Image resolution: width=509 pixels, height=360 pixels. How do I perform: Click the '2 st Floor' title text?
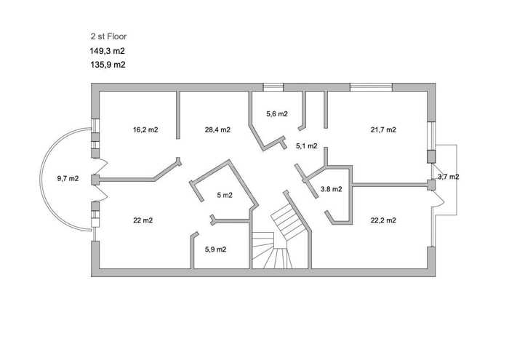click(x=108, y=36)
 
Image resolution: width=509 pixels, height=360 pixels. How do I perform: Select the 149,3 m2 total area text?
click(x=108, y=51)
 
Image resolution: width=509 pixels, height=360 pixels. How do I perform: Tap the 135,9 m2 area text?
click(x=108, y=65)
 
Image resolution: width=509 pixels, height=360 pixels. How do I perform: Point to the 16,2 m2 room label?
click(x=145, y=130)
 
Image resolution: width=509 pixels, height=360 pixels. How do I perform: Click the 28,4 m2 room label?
click(x=217, y=130)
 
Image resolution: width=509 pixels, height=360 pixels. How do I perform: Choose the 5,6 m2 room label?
click(x=277, y=114)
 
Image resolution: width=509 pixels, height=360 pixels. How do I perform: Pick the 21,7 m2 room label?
click(x=383, y=130)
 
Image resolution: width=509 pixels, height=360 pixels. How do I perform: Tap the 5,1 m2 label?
click(x=307, y=146)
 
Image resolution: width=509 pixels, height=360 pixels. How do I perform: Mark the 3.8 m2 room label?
click(x=331, y=189)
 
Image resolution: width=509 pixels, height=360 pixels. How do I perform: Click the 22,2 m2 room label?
click(x=383, y=220)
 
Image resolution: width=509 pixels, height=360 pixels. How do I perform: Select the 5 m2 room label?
click(x=225, y=195)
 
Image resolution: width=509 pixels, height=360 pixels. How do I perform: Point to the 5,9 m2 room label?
click(x=215, y=249)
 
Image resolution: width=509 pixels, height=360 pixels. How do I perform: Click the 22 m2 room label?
click(x=143, y=220)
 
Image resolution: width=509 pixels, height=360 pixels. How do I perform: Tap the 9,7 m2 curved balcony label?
click(x=68, y=178)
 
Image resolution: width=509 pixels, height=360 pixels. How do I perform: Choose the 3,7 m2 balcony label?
click(x=449, y=177)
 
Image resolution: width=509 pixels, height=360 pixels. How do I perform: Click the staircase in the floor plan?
click(x=281, y=240)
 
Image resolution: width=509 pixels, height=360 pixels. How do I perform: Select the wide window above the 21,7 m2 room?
click(x=371, y=87)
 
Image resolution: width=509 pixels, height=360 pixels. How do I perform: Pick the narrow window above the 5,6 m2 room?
click(x=273, y=87)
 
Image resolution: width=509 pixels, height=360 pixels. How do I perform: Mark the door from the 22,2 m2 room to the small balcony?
click(x=437, y=199)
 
